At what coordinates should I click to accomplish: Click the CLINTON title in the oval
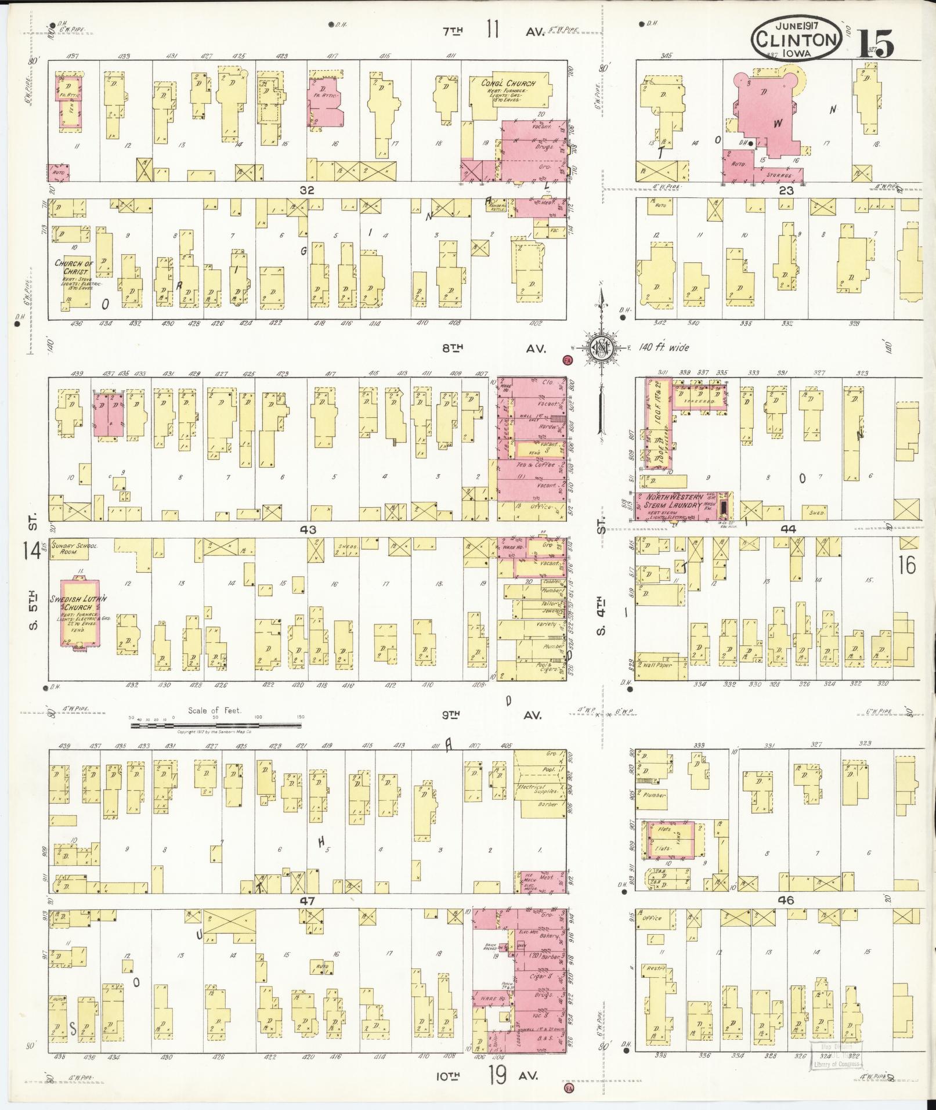(796, 39)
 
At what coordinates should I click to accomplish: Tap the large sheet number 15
(876, 43)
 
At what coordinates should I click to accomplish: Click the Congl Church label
(508, 83)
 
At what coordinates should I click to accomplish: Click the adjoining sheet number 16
(906, 565)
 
